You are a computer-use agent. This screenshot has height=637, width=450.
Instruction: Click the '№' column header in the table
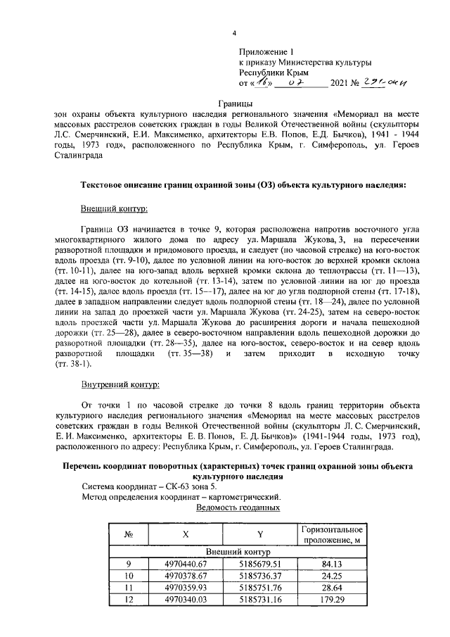(129, 534)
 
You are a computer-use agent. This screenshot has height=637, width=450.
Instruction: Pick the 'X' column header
(186, 534)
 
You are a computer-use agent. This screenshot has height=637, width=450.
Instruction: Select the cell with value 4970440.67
(186, 565)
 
